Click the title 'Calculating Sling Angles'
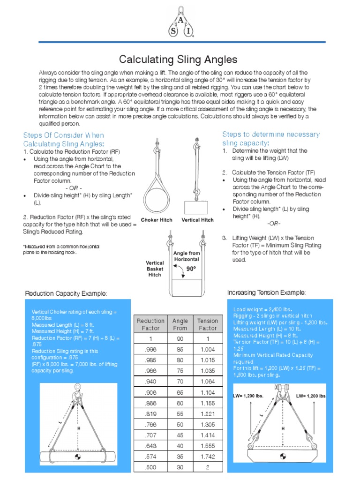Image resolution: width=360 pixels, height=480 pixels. pos(178,60)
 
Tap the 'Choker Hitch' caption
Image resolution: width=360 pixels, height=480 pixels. pos(157,220)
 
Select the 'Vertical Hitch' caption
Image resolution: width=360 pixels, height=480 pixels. pos(197,220)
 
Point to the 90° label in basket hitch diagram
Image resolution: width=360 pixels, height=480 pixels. pos(191,269)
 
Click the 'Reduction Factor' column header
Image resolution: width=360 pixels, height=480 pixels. pos(150,324)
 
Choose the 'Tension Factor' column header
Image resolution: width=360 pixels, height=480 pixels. pos(207,324)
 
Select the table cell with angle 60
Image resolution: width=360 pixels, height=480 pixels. pos(180,403)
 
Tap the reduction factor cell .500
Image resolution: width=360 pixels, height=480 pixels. pos(150,467)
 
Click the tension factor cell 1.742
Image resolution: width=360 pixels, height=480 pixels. pos(207,457)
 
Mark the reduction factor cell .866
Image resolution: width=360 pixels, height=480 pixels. pos(150,403)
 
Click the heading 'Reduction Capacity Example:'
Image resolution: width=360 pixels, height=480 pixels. pos(66,293)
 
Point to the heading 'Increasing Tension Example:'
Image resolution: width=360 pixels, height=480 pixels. pos(266,292)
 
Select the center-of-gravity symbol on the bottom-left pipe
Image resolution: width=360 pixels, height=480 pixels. pos(77,456)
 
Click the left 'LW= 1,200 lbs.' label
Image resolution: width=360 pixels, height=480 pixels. pos(248,396)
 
